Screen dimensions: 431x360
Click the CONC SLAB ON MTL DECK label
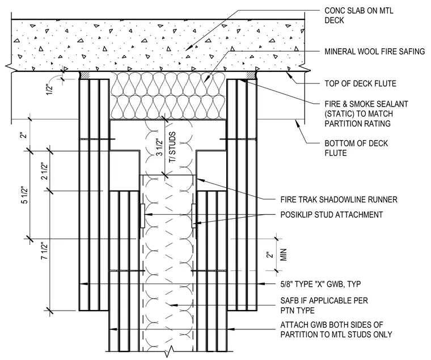coord(359,15)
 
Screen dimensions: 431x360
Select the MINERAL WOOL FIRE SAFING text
coord(375,52)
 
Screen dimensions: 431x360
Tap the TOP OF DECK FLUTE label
coord(360,83)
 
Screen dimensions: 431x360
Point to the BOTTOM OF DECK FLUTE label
coord(356,148)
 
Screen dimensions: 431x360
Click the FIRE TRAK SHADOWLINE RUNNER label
coord(339,200)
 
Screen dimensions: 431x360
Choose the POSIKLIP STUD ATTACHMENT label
coord(332,215)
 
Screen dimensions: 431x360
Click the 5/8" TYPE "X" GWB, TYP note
coord(320,284)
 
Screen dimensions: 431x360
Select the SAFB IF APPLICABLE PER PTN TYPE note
coord(324,306)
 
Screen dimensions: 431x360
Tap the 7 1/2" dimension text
coord(44,251)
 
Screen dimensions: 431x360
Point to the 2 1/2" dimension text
coord(44,171)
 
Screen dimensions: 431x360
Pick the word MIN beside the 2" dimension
coord(284,255)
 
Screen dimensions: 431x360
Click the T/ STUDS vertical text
coord(172,147)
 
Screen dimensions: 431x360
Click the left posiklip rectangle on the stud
coord(142,216)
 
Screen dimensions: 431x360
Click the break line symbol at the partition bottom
coord(171,351)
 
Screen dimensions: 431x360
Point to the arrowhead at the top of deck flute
coord(288,73)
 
